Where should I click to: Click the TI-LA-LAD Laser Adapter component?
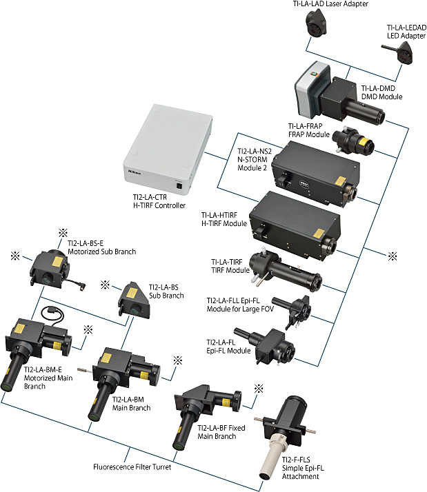point(316,28)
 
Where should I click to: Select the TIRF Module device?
point(285,274)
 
